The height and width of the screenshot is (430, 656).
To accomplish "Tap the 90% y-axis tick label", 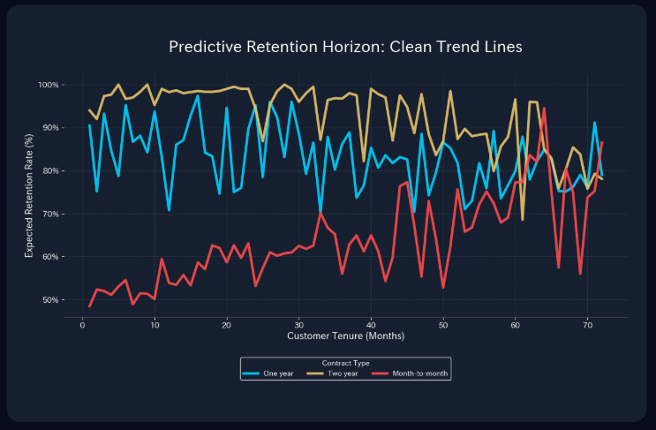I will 49,128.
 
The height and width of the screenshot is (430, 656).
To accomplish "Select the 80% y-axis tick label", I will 49,171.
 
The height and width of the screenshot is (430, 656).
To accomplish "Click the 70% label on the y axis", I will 49,215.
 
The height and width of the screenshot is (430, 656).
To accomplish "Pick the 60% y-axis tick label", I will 49,257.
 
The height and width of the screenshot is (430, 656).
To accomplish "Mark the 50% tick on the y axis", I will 49,300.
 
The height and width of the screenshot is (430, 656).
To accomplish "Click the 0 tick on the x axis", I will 82,325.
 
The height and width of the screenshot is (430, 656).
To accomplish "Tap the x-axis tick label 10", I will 155,325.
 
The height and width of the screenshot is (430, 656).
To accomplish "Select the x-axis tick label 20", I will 227,325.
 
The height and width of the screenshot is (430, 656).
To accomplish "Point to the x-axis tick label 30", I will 299,325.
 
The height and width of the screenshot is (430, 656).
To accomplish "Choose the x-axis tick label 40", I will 372,325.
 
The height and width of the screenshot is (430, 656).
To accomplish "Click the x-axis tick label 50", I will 443,325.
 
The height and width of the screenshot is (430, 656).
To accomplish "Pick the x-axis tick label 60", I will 516,325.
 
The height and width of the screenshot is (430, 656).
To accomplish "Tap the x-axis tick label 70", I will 588,325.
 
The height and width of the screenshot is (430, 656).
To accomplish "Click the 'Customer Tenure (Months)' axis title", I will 345,336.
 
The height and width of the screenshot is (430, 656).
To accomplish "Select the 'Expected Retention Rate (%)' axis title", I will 29,192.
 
